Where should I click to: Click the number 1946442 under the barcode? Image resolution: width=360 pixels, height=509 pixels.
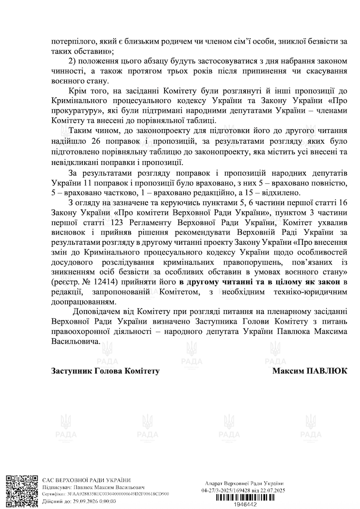tap(243, 504)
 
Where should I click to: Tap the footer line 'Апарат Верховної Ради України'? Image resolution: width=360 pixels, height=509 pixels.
tap(244, 484)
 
